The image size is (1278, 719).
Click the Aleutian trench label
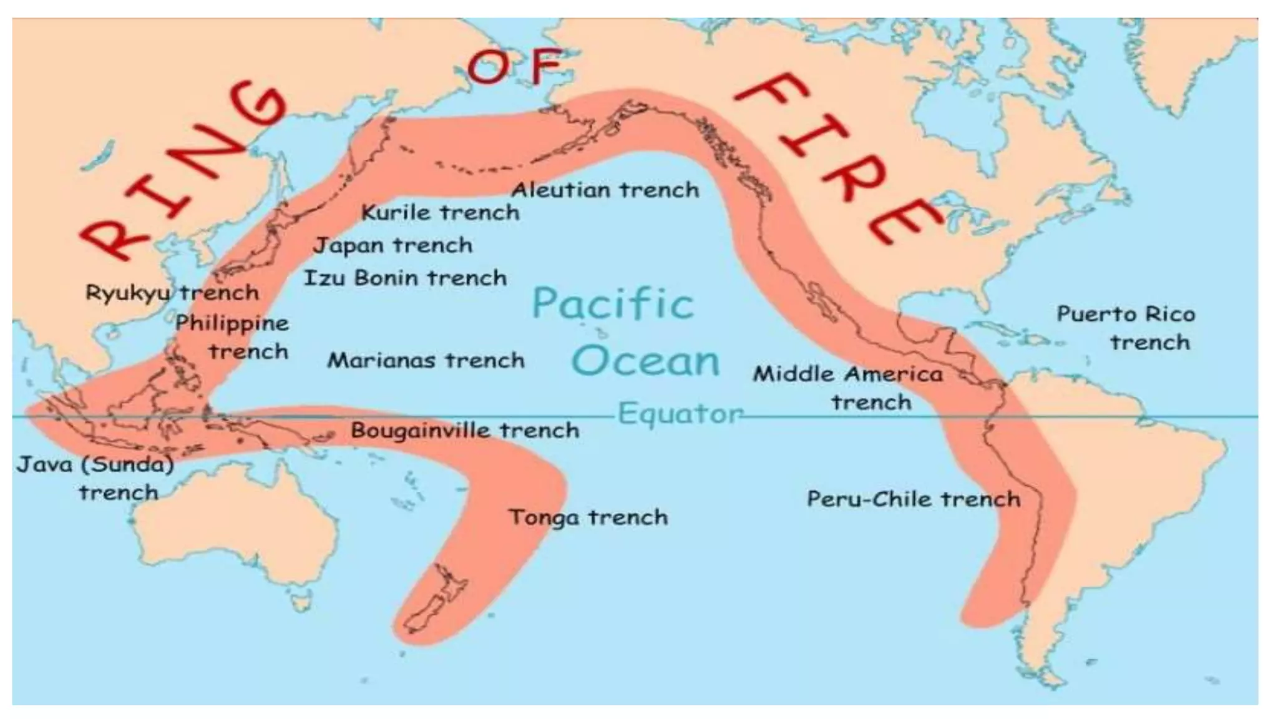coord(605,190)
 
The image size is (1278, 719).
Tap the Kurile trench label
coord(440,213)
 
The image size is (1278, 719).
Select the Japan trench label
coord(393,245)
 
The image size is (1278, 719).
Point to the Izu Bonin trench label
coord(405,278)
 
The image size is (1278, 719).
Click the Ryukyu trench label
coord(172,293)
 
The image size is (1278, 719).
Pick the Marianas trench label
coord(426,360)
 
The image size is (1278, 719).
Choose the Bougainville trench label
coord(464,430)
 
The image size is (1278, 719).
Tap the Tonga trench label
coord(588,517)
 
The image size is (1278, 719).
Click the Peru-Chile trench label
coord(913,499)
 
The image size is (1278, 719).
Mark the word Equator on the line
coord(680,413)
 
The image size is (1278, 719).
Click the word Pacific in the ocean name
coord(612,304)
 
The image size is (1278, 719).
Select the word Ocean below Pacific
coord(645,361)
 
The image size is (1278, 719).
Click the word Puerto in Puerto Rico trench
coord(1093,314)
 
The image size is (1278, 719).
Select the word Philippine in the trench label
coord(232,323)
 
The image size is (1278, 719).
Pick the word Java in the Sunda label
coord(44,465)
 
